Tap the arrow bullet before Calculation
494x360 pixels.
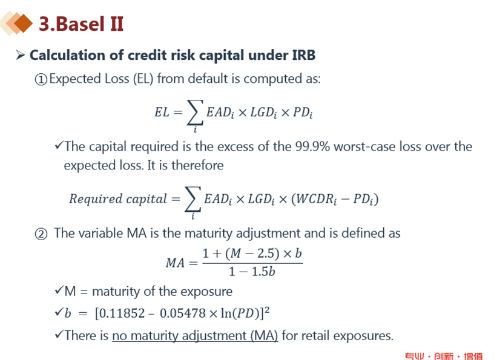(x=20, y=55)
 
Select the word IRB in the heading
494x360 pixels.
(x=304, y=55)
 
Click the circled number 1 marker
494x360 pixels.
(x=41, y=79)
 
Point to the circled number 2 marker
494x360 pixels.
(x=41, y=234)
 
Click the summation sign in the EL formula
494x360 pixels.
(x=195, y=113)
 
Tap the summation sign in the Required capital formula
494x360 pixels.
(x=193, y=199)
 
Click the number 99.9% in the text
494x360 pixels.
(x=312, y=146)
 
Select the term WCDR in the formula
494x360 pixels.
(x=316, y=199)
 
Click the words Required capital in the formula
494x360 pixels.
(x=118, y=199)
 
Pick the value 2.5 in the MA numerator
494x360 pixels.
(x=266, y=254)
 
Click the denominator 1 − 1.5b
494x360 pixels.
(x=252, y=272)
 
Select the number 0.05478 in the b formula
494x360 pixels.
(x=183, y=313)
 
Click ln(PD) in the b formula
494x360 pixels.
(x=240, y=313)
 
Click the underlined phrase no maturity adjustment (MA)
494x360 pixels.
(x=195, y=336)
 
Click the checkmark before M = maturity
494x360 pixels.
(x=59, y=290)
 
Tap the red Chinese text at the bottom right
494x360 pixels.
(x=444, y=356)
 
